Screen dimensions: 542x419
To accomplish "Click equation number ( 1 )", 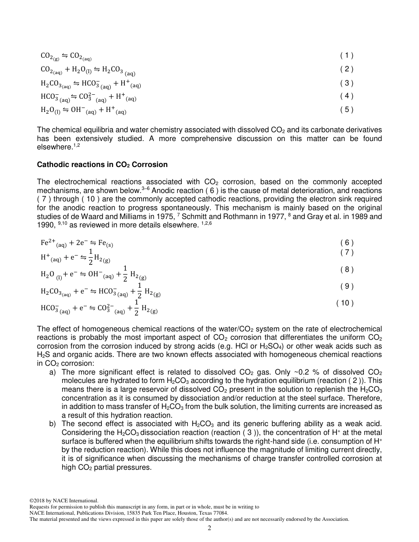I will [x=347, y=56].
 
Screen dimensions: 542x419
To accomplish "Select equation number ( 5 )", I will [x=347, y=110].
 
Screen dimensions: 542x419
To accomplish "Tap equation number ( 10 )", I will [x=345, y=303].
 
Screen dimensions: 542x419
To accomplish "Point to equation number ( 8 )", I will [x=347, y=269].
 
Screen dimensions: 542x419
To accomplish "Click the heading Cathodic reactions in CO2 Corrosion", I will [x=102, y=165].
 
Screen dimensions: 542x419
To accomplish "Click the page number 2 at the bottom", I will [x=209, y=528].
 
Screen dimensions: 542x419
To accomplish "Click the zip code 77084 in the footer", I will [x=220, y=513].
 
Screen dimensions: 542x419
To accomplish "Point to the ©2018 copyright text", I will [x=37, y=501].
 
